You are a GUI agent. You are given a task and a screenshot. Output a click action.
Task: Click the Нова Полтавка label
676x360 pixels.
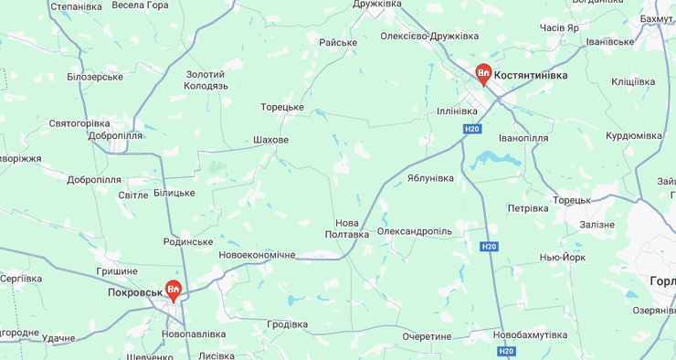click(347, 228)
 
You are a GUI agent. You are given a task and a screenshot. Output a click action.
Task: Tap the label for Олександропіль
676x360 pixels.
click(414, 231)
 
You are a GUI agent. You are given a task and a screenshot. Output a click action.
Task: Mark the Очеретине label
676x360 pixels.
click(427, 336)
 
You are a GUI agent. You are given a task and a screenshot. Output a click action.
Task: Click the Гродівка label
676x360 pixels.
click(287, 324)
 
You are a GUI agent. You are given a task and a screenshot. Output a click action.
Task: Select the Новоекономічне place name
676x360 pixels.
click(257, 255)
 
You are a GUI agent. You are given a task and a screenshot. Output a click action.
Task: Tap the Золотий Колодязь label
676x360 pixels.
click(206, 79)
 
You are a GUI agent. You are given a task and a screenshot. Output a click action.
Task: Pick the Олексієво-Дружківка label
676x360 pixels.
click(429, 37)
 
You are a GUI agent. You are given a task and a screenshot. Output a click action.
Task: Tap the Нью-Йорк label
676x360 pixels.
click(562, 258)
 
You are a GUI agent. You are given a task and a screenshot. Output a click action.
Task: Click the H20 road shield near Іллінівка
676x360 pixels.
click(471, 130)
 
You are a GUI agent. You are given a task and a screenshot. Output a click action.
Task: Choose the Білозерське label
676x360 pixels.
click(95, 77)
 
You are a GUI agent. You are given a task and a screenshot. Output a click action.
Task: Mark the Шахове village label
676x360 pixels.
click(270, 140)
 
